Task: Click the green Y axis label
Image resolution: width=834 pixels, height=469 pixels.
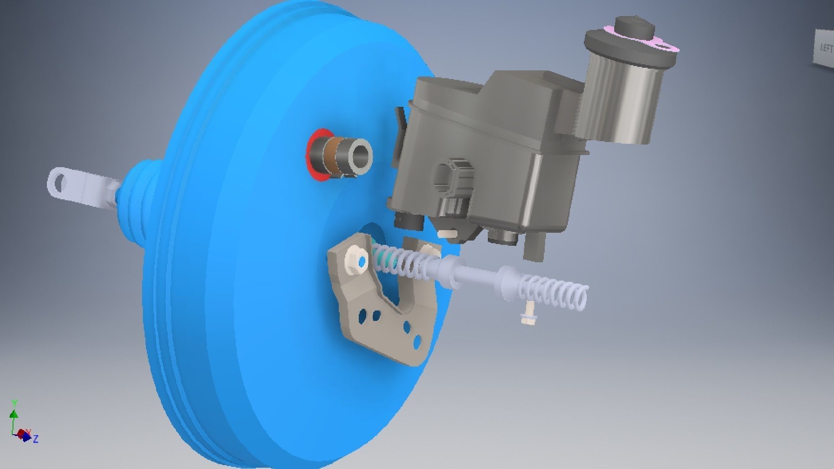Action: coord(14,403)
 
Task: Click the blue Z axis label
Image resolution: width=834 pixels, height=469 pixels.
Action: coord(36,439)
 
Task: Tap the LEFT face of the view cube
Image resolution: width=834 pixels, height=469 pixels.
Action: coord(825,48)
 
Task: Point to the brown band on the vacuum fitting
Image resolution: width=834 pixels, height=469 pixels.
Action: coord(335,156)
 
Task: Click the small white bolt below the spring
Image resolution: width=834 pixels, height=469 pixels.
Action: coord(529,315)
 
